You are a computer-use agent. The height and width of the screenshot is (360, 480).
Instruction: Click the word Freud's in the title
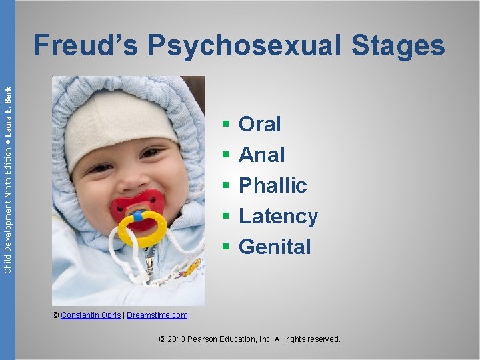coord(85,45)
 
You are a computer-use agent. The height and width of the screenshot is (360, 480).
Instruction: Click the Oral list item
coord(260,124)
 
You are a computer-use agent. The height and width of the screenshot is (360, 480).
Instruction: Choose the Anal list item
coord(262,155)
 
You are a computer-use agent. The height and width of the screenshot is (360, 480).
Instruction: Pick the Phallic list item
coord(273,185)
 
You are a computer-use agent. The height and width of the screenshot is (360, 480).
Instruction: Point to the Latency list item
coord(278,216)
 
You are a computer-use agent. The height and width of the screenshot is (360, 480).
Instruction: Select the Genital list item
coord(275,247)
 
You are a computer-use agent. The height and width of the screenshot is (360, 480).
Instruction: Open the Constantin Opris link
coord(91,315)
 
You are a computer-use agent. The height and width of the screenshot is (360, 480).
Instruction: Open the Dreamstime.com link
coord(157,315)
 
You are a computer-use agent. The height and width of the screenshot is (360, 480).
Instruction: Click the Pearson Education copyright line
coord(250,339)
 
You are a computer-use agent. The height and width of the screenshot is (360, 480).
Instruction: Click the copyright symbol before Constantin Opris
coord(56,315)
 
